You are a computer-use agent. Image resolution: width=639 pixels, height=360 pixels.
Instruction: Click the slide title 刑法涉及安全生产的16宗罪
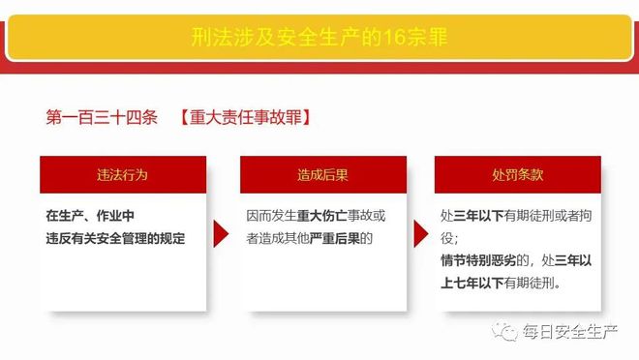319,42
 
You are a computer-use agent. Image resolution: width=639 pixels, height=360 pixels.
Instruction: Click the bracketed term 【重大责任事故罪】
243,118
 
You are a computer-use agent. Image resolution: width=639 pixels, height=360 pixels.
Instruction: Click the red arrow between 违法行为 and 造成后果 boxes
222,236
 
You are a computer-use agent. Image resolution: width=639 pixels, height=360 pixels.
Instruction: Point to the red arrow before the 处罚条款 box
420,236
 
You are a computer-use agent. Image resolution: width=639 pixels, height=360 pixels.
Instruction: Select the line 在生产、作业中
89,216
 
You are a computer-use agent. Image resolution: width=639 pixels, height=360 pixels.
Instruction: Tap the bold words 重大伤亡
319,216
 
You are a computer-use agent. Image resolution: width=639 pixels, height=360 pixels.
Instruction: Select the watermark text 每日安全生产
570,332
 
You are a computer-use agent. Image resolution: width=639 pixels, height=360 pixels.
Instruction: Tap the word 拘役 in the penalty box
449,237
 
